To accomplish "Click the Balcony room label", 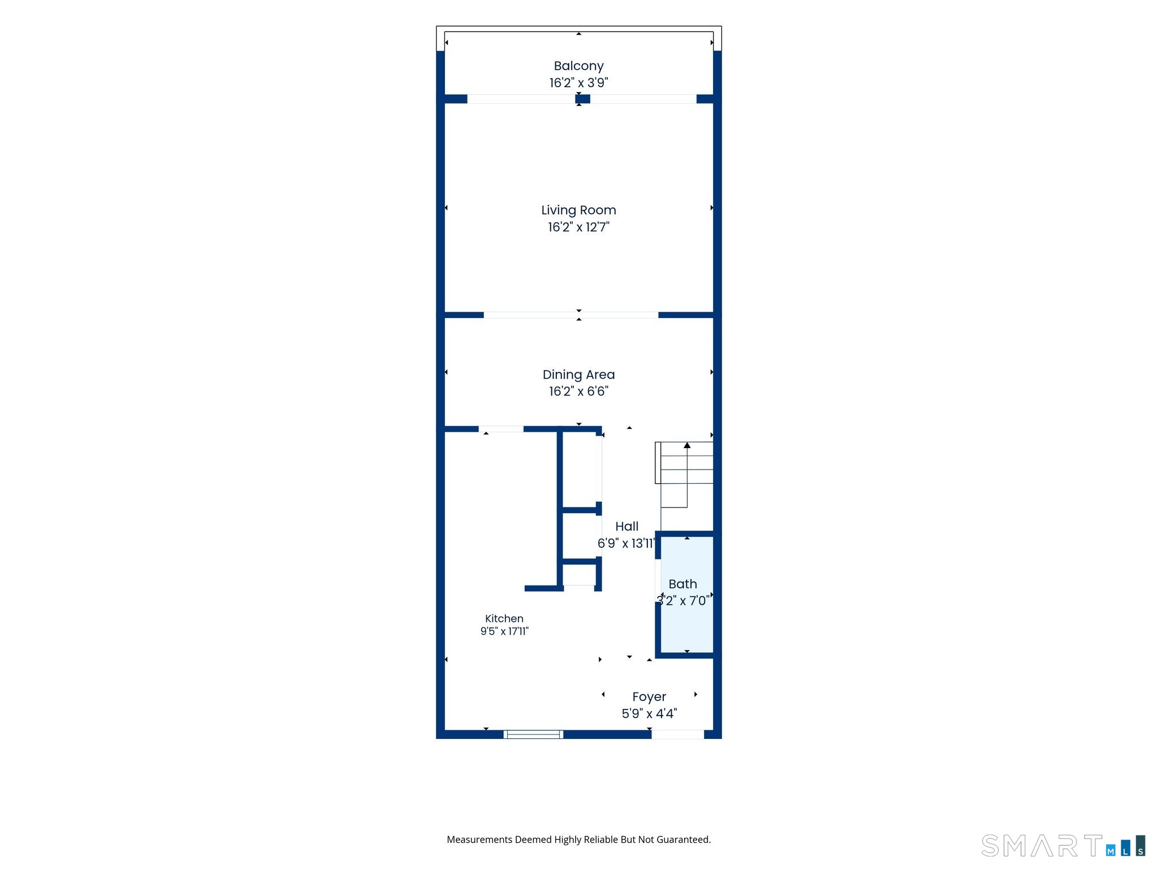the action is pyautogui.click(x=578, y=66).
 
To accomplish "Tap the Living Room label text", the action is pyautogui.click(x=578, y=210).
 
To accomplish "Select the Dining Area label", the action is pyautogui.click(x=578, y=375).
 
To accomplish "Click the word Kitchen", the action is pyautogui.click(x=504, y=619).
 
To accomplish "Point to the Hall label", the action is pyautogui.click(x=626, y=527).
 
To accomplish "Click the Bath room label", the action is pyautogui.click(x=682, y=584).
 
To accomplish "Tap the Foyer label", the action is pyautogui.click(x=649, y=697).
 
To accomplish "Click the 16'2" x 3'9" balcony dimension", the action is pyautogui.click(x=578, y=83).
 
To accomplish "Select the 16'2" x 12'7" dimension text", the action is pyautogui.click(x=578, y=227).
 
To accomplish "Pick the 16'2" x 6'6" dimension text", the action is pyautogui.click(x=578, y=391).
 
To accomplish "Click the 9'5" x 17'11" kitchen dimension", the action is pyautogui.click(x=504, y=631).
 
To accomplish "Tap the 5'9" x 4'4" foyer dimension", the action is pyautogui.click(x=649, y=713).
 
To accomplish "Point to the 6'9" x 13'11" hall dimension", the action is pyautogui.click(x=626, y=543).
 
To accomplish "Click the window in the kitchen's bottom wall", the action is pyautogui.click(x=534, y=734).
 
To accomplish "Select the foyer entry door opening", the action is pyautogui.click(x=677, y=734).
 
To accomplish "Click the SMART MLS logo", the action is pyautogui.click(x=1064, y=846).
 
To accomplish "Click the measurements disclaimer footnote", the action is pyautogui.click(x=578, y=840).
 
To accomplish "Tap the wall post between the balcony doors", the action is pyautogui.click(x=582, y=99).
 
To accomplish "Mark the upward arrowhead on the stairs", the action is pyautogui.click(x=687, y=445).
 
